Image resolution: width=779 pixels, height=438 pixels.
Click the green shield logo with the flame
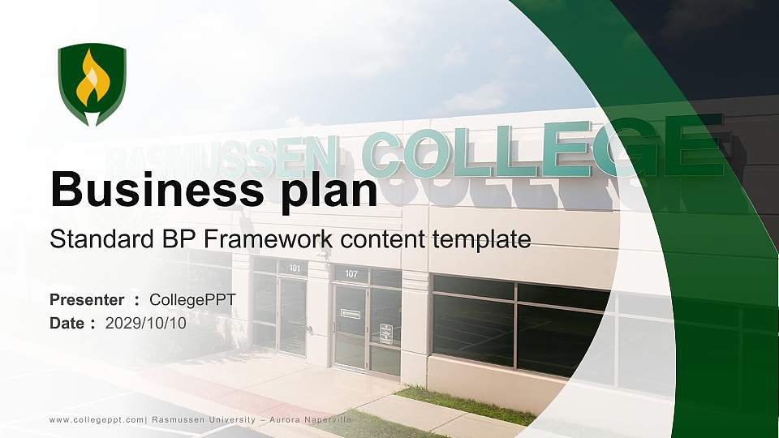92,84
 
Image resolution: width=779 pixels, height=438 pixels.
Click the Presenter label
87,300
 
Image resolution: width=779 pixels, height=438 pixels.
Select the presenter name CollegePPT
192,300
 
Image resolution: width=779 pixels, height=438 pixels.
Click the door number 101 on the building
295,268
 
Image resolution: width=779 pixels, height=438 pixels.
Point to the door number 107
351,274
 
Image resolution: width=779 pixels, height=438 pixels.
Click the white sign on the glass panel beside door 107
386,332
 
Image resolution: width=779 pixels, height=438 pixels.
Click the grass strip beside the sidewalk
467,405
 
